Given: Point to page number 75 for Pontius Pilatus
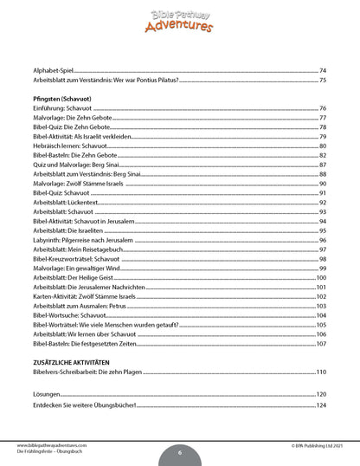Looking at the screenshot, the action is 322,80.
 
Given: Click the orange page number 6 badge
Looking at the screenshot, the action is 180,451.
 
